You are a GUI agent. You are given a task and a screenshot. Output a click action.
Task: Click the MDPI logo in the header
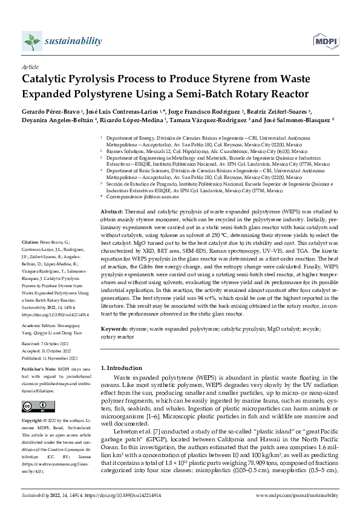point(326,42)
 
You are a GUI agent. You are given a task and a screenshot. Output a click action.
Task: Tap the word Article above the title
point(30,68)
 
